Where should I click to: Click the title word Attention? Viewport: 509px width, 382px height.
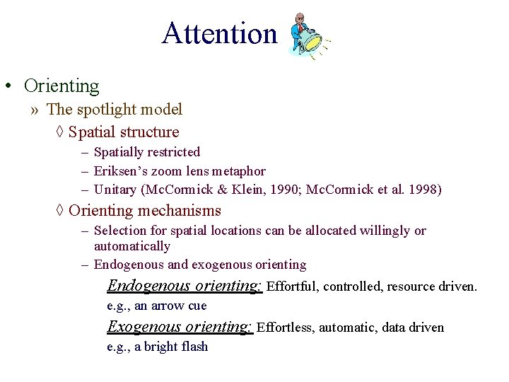219,33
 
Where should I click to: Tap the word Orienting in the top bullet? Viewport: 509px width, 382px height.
62,86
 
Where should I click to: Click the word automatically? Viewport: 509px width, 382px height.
132,246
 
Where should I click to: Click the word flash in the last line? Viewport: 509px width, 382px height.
193,347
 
